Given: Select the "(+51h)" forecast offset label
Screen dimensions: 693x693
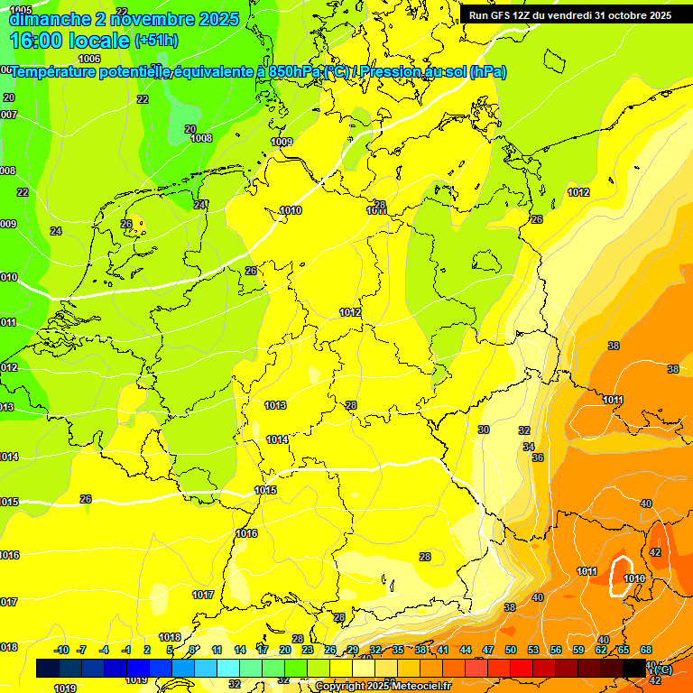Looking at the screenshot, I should (156, 41).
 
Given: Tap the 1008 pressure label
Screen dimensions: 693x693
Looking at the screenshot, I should (201, 138).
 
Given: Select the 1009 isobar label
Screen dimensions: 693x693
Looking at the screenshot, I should (282, 142).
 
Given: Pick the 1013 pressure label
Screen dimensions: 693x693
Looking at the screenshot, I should (276, 406).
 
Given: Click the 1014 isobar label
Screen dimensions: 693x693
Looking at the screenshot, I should (277, 439).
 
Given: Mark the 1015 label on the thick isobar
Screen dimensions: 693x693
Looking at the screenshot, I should (265, 490).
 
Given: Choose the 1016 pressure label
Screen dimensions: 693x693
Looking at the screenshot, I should (246, 533).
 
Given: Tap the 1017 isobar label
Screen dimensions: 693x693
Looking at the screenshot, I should (203, 595).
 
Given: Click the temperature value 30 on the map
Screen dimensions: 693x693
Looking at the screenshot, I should (484, 430).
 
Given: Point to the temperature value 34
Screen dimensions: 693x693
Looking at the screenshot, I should (529, 447).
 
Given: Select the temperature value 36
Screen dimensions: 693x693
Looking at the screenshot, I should (538, 458).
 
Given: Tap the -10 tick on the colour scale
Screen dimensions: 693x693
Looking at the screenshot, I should (62, 651).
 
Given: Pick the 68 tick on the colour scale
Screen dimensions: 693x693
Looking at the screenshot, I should (646, 651).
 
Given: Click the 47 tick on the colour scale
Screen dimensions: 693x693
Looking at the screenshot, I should (488, 651).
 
